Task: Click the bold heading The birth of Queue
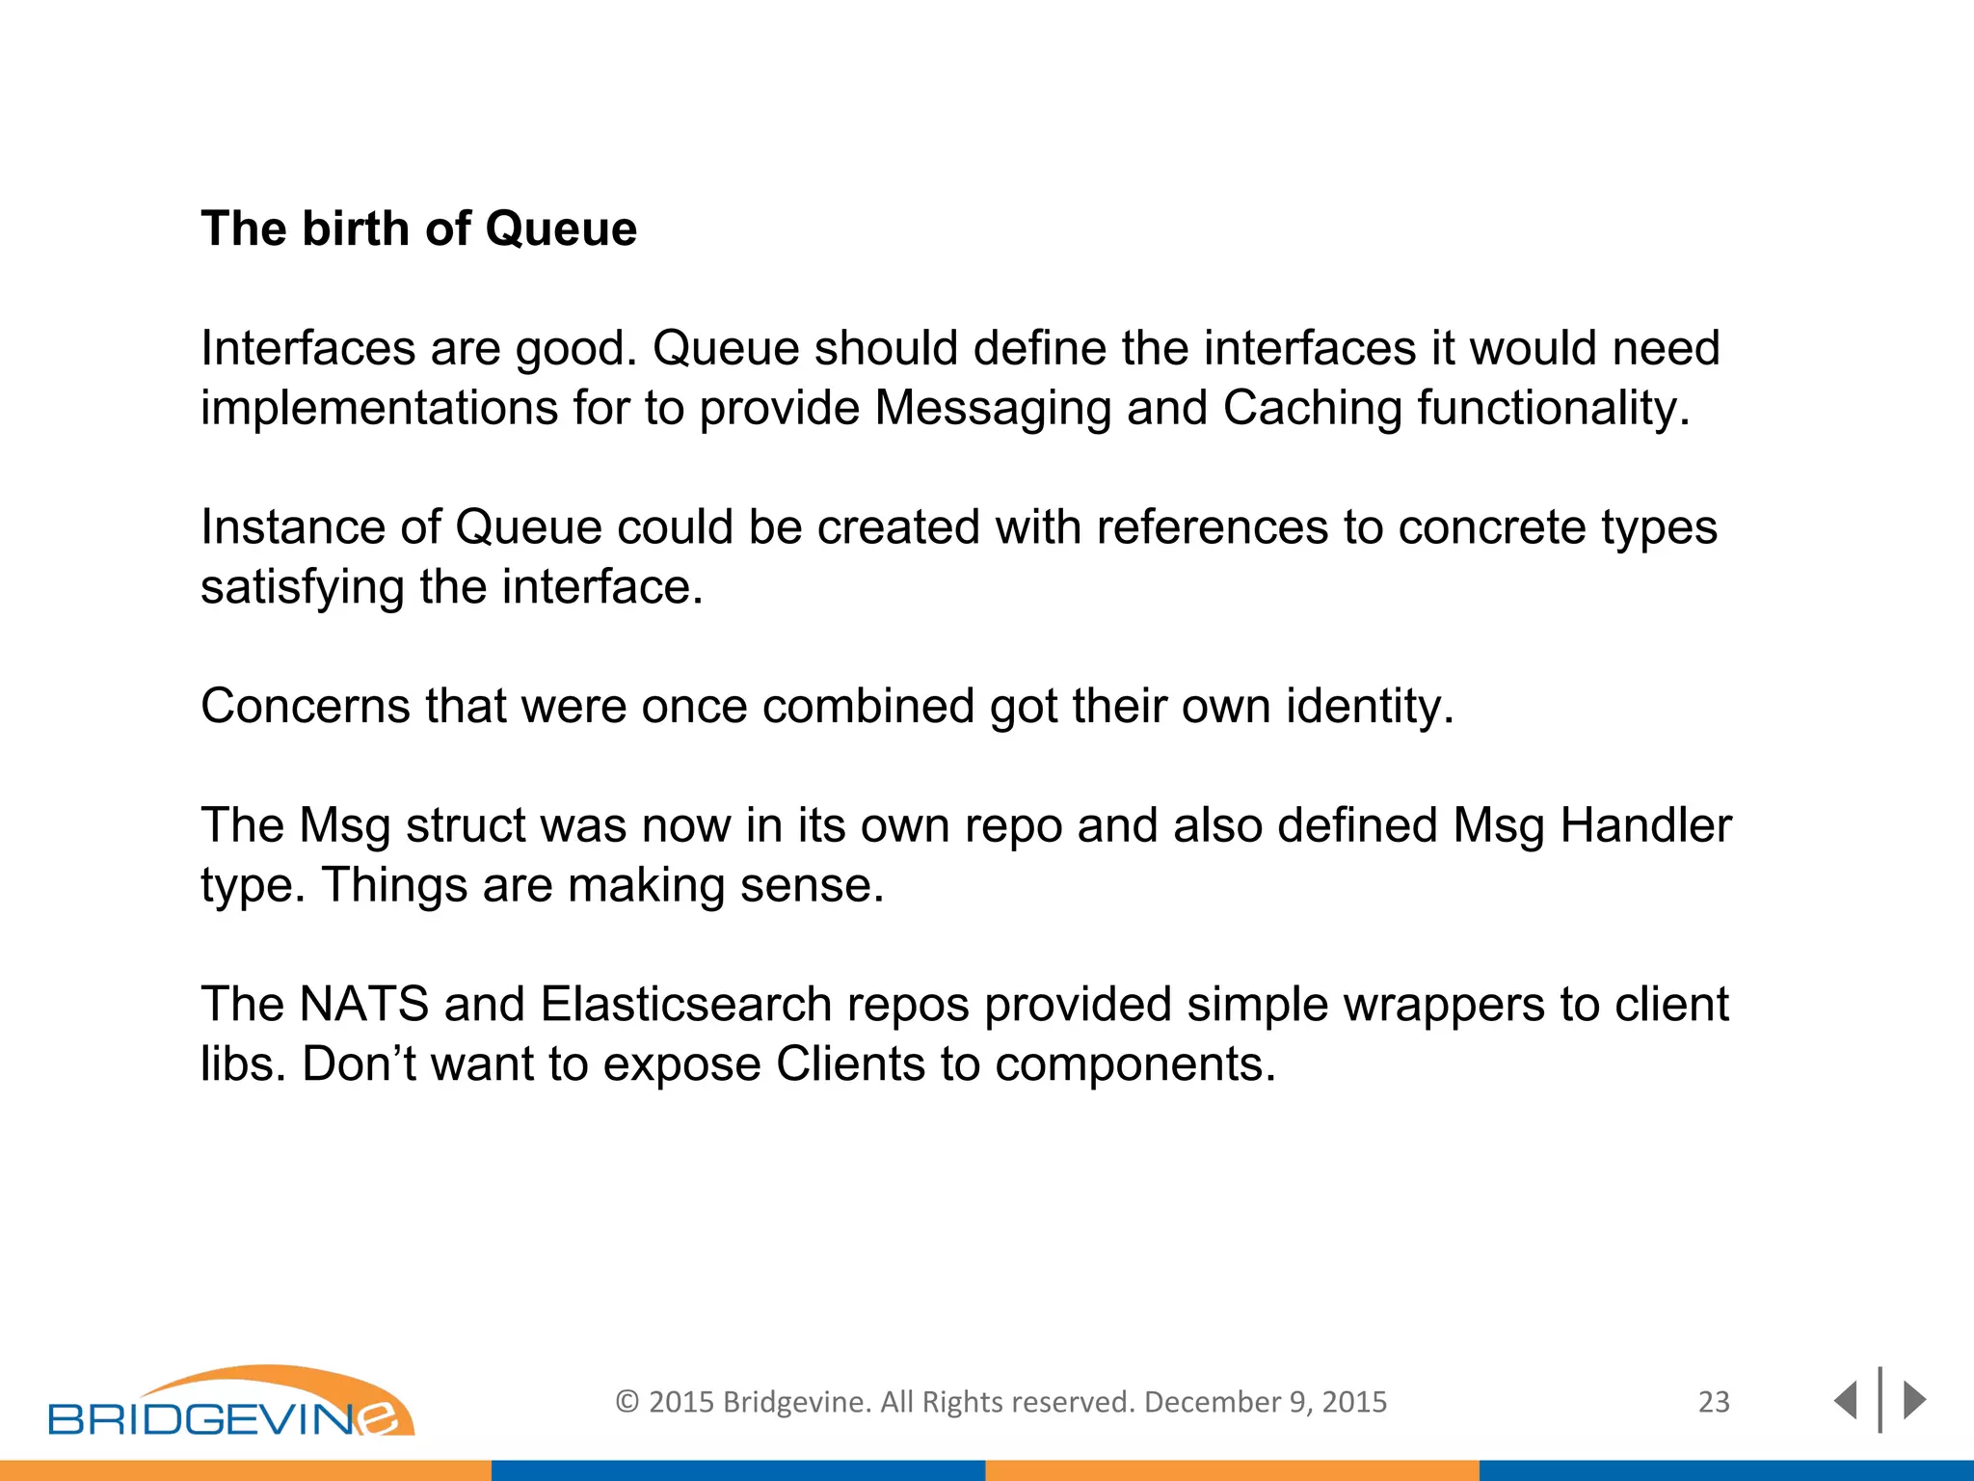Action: coord(418,229)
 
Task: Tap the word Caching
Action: coord(1311,408)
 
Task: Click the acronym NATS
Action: coord(363,1005)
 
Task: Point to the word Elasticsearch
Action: coord(685,1005)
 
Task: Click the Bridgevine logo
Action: coord(231,1404)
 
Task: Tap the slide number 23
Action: coord(1714,1402)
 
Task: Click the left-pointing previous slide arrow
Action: coord(1845,1400)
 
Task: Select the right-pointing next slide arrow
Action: coord(1914,1400)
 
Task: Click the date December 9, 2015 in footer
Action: coord(1265,1402)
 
